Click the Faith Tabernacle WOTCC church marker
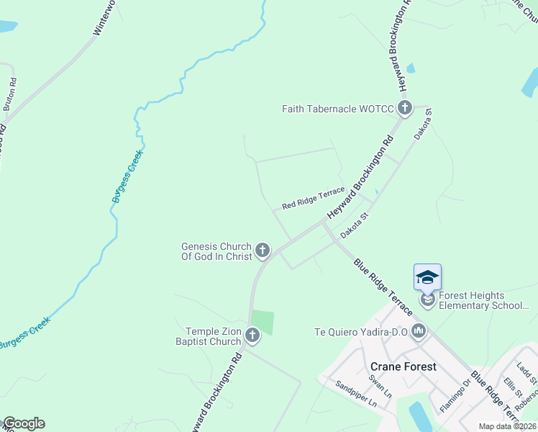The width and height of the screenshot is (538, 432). click(x=404, y=109)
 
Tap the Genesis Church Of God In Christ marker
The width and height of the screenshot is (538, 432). click(x=263, y=251)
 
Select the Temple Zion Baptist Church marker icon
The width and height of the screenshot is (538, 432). click(x=252, y=335)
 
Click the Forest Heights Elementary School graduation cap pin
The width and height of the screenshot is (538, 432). click(x=427, y=278)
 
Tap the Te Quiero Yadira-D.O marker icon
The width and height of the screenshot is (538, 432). click(x=419, y=332)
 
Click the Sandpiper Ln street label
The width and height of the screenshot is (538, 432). click(x=356, y=394)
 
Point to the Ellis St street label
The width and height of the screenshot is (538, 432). click(x=513, y=386)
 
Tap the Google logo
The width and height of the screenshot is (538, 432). click(x=24, y=423)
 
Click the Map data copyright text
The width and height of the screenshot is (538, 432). click(x=508, y=426)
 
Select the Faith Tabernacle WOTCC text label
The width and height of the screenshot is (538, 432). click(x=337, y=109)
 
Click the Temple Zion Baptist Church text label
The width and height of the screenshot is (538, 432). click(x=208, y=336)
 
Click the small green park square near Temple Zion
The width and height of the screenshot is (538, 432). click(x=263, y=322)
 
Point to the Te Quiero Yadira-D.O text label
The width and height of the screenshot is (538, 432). click(x=360, y=332)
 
